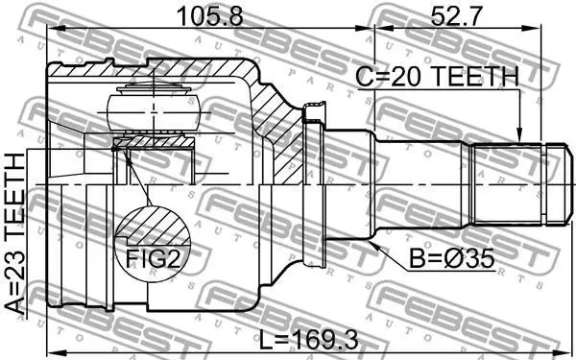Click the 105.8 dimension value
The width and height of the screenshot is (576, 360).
(x=209, y=16)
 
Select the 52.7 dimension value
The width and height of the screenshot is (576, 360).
(x=455, y=16)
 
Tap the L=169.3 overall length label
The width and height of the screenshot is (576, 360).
(x=308, y=340)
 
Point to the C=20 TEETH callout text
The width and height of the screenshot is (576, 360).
(x=438, y=77)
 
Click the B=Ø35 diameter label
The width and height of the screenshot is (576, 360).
(x=452, y=260)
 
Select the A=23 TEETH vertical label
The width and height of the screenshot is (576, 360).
(x=15, y=233)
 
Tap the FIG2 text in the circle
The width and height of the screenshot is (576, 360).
(x=153, y=259)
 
